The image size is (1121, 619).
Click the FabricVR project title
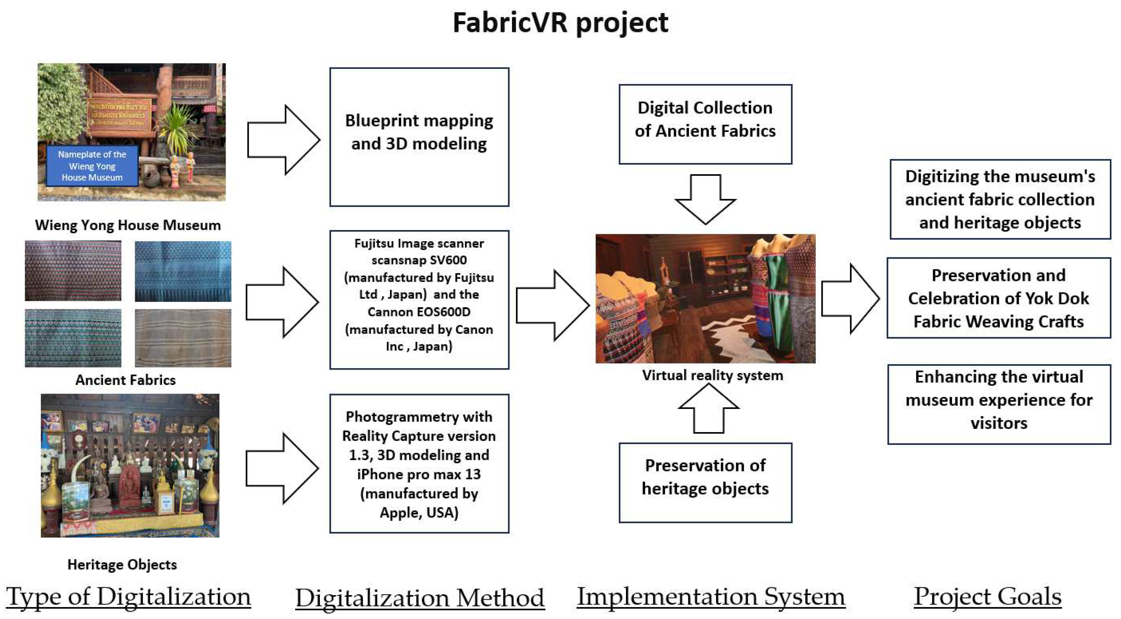coord(560,23)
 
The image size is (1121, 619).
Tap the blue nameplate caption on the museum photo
coord(92,166)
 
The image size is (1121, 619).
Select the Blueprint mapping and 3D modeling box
coord(419,136)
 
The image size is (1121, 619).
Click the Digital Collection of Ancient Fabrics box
coord(705,124)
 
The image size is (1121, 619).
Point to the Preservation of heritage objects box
coord(705,482)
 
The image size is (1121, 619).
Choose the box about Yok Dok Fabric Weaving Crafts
coord(998,298)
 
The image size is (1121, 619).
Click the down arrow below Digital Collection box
coord(705,198)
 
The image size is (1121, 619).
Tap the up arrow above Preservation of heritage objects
coord(708,409)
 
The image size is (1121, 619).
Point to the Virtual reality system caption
coord(713,375)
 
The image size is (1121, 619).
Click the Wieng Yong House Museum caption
coord(128,225)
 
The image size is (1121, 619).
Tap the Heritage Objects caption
coord(122,565)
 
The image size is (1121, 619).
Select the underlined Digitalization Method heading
coord(420,598)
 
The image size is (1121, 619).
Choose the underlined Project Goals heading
coord(987,596)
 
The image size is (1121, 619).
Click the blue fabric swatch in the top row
coord(183,271)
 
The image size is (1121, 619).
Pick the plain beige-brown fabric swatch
coord(183,338)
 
